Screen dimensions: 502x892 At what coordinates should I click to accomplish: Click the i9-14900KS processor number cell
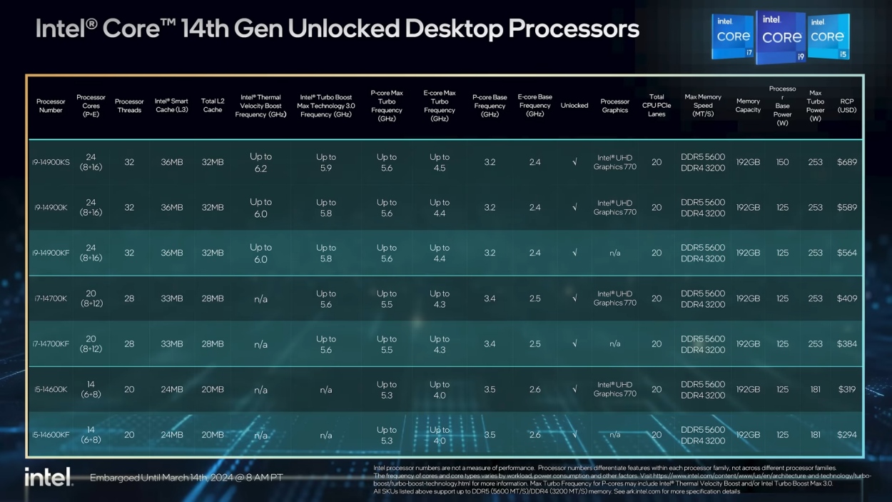(x=51, y=162)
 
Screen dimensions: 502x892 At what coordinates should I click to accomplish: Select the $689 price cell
(x=847, y=162)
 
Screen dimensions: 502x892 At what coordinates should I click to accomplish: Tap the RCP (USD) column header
(x=847, y=106)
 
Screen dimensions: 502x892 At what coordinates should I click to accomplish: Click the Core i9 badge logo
(x=781, y=38)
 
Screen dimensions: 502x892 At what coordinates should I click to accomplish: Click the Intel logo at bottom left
(x=49, y=477)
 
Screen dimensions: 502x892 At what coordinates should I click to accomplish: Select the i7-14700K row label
(x=50, y=298)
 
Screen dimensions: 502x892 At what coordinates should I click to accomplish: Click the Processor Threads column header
(x=129, y=106)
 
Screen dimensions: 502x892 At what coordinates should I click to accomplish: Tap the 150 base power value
(x=783, y=162)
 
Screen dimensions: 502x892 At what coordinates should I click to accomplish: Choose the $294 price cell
(x=847, y=435)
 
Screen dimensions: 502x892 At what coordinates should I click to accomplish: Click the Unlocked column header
(x=574, y=106)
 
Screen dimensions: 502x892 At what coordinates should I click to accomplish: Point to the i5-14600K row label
(x=50, y=390)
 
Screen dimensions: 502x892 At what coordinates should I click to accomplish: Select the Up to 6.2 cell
(x=260, y=163)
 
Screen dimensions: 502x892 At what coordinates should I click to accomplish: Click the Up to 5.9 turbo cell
(x=326, y=163)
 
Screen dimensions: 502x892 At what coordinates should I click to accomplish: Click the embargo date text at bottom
(x=186, y=477)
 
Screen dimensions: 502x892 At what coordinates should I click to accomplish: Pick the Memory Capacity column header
(x=748, y=106)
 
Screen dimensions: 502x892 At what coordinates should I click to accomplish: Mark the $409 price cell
(x=847, y=298)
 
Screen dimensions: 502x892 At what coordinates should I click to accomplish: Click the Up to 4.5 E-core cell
(x=440, y=163)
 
